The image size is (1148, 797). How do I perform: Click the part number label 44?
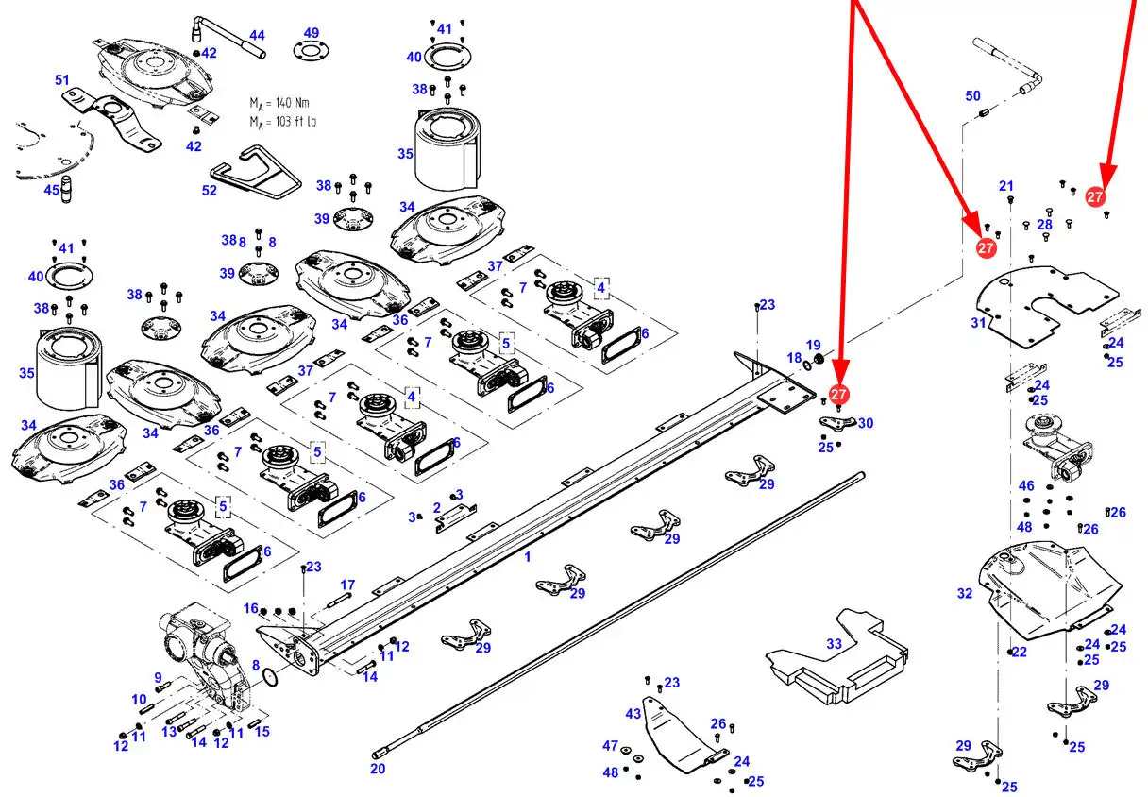click(257, 35)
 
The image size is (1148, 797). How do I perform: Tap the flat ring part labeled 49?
click(311, 51)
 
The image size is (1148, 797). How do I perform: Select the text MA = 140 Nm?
click(279, 104)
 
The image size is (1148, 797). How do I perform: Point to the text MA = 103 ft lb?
click(282, 122)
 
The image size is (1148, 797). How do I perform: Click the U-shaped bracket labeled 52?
click(255, 172)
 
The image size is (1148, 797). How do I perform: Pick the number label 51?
click(62, 80)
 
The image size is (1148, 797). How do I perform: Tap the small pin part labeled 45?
click(65, 189)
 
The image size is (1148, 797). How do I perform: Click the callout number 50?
click(972, 95)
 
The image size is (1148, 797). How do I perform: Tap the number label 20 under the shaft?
click(378, 769)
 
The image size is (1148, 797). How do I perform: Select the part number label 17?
click(347, 585)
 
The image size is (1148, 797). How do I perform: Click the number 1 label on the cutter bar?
click(528, 556)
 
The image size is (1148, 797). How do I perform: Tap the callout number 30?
click(866, 423)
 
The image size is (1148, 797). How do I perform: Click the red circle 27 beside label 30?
click(838, 394)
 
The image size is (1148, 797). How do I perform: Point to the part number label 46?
click(1026, 485)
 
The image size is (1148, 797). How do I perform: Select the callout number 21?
click(1006, 186)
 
